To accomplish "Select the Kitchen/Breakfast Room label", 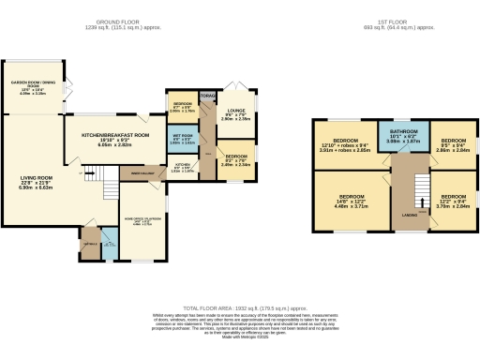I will [x=112, y=140].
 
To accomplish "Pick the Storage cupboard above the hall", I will [x=208, y=95].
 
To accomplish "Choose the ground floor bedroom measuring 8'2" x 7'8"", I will [x=235, y=157].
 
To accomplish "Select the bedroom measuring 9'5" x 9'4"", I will [x=456, y=144].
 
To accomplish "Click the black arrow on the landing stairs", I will [x=421, y=201].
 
